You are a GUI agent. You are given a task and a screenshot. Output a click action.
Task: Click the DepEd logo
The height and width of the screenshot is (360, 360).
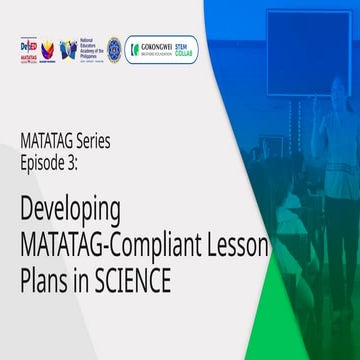[28, 47]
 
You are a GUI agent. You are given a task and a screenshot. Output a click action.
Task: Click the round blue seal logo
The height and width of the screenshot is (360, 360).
[114, 48]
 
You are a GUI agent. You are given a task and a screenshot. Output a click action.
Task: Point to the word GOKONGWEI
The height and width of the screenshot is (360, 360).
[158, 46]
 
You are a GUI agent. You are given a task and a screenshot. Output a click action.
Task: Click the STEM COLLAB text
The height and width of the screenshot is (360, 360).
[187, 47]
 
